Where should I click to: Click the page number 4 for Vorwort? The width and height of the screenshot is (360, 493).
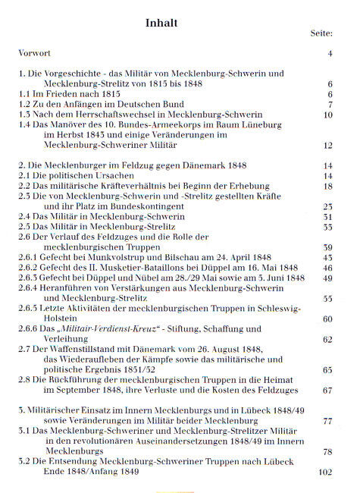[330, 55]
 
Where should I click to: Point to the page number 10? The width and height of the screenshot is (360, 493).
[328, 115]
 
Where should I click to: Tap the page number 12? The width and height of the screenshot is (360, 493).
[328, 144]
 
